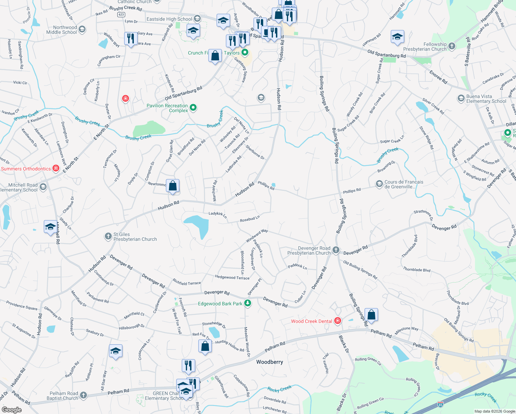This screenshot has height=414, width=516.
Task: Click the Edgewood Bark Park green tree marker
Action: tap(248, 303)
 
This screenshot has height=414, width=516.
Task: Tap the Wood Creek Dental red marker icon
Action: tap(338, 321)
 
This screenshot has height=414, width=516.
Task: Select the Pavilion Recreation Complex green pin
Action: tap(193, 108)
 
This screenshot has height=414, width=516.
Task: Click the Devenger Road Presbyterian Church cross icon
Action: tap(336, 250)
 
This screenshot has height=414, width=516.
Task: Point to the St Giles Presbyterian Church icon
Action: tap(108, 236)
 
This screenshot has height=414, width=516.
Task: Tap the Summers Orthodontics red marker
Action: tap(56, 168)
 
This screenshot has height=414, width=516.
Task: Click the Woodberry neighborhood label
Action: tap(269, 362)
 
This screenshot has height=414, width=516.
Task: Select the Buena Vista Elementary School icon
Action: tap(461, 99)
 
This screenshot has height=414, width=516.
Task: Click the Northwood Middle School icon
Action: tap(82, 29)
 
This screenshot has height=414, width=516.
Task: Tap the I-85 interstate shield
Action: tap(440, 404)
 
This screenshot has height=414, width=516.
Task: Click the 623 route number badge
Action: tap(121, 14)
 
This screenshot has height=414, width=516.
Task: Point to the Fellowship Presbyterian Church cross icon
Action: tap(452, 46)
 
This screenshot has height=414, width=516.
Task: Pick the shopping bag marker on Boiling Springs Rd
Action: tap(371, 315)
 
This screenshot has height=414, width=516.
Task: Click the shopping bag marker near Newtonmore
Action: tap(172, 186)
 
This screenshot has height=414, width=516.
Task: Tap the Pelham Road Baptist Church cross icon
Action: tap(83, 395)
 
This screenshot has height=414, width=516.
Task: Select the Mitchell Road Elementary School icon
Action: tap(43, 187)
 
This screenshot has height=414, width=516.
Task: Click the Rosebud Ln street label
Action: tap(250, 219)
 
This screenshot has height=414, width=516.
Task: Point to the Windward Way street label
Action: tap(257, 236)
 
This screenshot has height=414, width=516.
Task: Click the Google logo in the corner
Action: tap(11, 410)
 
